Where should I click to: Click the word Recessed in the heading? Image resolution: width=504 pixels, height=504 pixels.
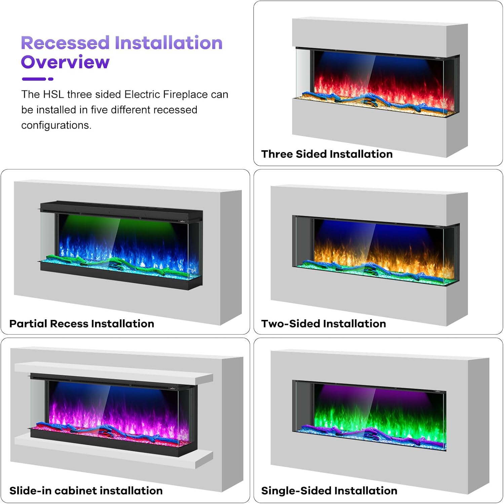point(65,43)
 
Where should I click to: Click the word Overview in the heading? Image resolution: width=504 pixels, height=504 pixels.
point(65,62)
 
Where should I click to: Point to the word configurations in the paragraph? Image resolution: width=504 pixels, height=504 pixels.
point(56,125)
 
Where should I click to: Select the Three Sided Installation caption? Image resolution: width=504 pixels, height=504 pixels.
point(327,154)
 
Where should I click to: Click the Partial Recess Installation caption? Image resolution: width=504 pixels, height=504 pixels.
point(82,324)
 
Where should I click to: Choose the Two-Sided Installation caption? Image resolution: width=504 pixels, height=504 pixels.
point(323,324)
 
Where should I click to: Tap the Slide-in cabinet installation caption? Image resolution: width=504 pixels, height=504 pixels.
point(86,491)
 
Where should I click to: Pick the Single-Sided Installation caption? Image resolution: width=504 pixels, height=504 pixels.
point(329,491)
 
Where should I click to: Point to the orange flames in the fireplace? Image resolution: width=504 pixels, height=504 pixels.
point(380,255)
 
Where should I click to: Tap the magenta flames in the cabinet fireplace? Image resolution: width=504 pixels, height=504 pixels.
point(118,417)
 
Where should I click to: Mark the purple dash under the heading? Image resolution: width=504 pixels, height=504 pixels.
point(34,79)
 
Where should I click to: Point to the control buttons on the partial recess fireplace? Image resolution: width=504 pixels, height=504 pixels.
point(182,221)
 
